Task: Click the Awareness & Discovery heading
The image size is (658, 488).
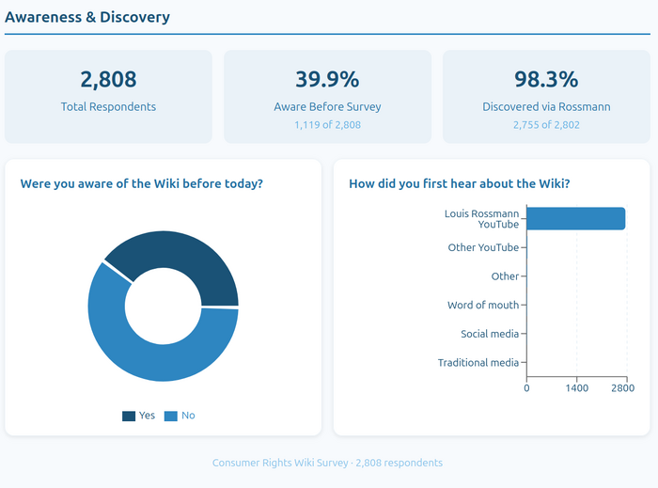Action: pyautogui.click(x=87, y=17)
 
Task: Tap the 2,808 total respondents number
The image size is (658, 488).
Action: pyautogui.click(x=108, y=79)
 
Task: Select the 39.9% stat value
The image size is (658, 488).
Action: pyautogui.click(x=327, y=79)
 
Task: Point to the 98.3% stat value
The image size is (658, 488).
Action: pyautogui.click(x=546, y=79)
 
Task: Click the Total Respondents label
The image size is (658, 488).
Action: pyautogui.click(x=108, y=106)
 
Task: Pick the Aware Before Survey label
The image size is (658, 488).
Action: pyautogui.click(x=327, y=106)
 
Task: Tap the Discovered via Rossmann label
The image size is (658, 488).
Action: pyautogui.click(x=546, y=106)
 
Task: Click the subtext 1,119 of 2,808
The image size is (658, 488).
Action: pyautogui.click(x=327, y=124)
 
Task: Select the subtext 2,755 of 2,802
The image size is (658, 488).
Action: pyautogui.click(x=546, y=124)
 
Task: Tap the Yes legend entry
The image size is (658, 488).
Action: pyautogui.click(x=138, y=416)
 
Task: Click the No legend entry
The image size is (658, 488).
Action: pyautogui.click(x=180, y=416)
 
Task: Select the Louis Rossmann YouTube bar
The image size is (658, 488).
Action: pyautogui.click(x=575, y=218)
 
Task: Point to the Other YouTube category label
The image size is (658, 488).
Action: pyautogui.click(x=483, y=247)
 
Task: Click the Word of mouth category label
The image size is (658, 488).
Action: pyautogui.click(x=483, y=305)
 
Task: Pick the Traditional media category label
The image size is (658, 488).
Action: pyautogui.click(x=478, y=362)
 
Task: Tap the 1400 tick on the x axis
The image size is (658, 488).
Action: pyautogui.click(x=576, y=388)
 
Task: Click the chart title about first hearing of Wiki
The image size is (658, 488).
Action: pyautogui.click(x=459, y=183)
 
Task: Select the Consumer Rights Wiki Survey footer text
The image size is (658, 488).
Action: pyautogui.click(x=327, y=463)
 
